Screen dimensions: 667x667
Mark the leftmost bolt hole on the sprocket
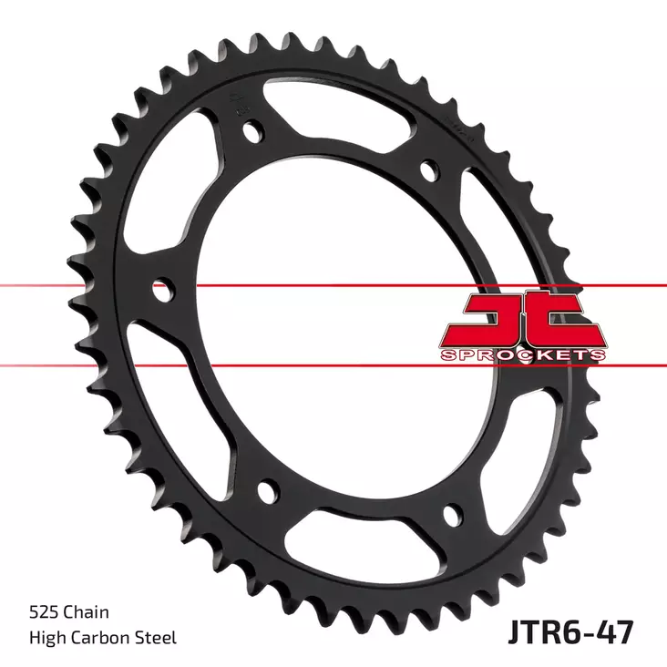(x=163, y=292)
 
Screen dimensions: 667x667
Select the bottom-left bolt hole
(x=267, y=492)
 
